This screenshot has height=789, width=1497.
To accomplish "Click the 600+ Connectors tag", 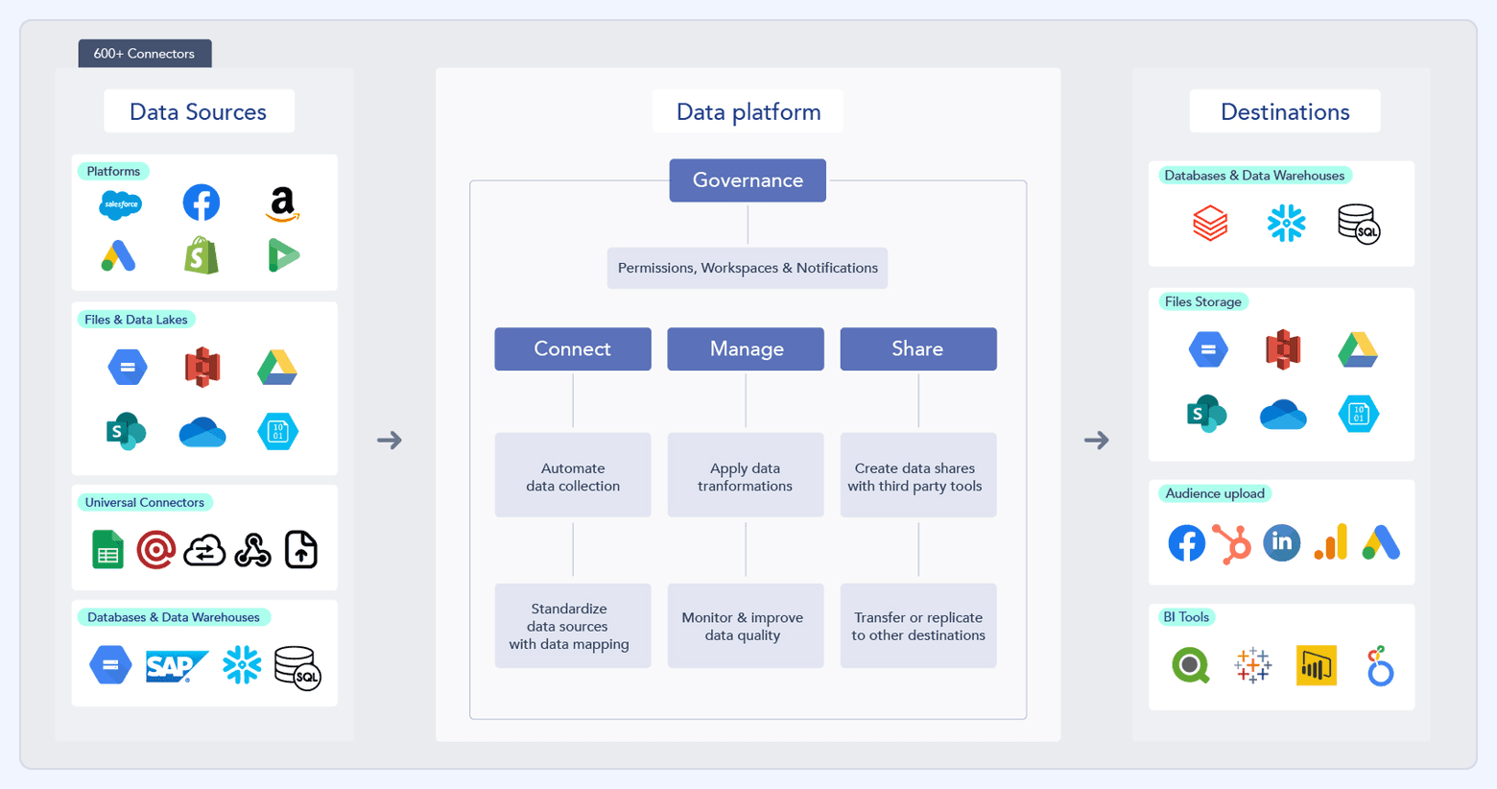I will pyautogui.click(x=144, y=54).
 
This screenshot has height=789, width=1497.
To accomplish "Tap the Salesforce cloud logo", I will pyautogui.click(x=121, y=204).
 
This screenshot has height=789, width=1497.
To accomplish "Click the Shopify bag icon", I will pyautogui.click(x=202, y=256).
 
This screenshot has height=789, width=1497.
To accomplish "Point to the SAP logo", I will pyautogui.click(x=176, y=666).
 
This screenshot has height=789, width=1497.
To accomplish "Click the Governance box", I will pyautogui.click(x=748, y=180).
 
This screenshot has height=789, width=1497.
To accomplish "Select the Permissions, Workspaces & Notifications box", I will pyautogui.click(x=748, y=269).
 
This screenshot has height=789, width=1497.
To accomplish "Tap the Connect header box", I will pyautogui.click(x=573, y=349).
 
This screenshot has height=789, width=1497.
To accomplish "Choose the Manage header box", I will pyautogui.click(x=746, y=349).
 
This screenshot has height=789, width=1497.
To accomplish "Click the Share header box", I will pyautogui.click(x=918, y=349).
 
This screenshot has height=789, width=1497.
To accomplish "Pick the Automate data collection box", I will pyautogui.click(x=573, y=476).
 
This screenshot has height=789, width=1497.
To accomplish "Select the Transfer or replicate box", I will pyautogui.click(x=918, y=626).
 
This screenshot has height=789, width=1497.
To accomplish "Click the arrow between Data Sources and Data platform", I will pyautogui.click(x=390, y=441).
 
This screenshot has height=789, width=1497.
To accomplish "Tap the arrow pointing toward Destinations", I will pyautogui.click(x=1097, y=441).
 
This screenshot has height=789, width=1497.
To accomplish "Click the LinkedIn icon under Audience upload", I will pyautogui.click(x=1282, y=543).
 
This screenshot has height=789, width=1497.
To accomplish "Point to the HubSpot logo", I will pyautogui.click(x=1232, y=543).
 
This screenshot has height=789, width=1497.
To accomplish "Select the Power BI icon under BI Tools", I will pyautogui.click(x=1316, y=666).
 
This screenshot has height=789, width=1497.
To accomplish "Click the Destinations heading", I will pyautogui.click(x=1285, y=112).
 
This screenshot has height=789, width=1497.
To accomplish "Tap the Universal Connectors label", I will pyautogui.click(x=145, y=503).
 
